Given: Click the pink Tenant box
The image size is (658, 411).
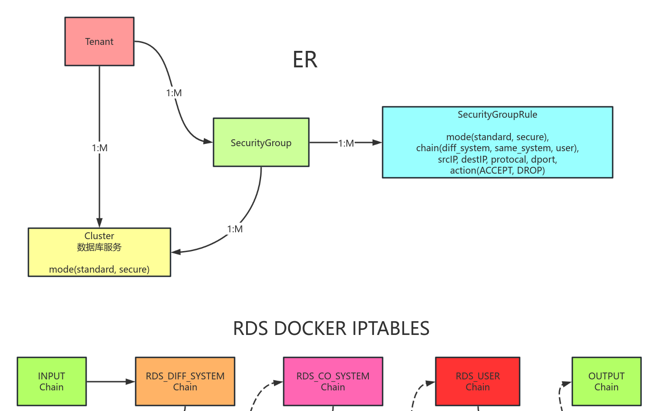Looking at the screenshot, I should (x=99, y=42).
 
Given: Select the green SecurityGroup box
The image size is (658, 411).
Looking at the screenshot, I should (x=261, y=142).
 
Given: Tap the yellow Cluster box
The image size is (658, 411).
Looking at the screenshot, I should (x=99, y=252).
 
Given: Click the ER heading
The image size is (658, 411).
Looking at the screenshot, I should (x=305, y=60).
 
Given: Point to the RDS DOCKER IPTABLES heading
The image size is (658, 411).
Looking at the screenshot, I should (x=331, y=329).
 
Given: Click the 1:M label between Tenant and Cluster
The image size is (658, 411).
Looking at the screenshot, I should (x=99, y=148).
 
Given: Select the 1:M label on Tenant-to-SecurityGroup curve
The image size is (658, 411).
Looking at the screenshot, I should (x=174, y=93).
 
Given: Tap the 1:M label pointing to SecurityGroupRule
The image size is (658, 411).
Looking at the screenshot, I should (x=346, y=143).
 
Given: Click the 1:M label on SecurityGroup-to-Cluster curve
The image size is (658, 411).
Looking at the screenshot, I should (x=235, y=229).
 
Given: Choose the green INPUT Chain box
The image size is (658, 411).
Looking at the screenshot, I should (x=51, y=381).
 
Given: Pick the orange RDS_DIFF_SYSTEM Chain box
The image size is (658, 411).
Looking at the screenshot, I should (x=185, y=381).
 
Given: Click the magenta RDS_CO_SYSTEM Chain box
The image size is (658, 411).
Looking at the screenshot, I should (x=333, y=381).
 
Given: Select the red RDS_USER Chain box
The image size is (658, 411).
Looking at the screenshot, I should (x=477, y=381).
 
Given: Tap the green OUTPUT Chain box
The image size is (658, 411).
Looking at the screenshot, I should (x=606, y=381).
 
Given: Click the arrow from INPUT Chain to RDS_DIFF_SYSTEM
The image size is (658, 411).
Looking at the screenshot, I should (x=110, y=381).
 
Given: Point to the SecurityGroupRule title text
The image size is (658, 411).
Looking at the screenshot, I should (x=497, y=115).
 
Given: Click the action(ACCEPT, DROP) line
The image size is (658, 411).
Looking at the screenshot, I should (x=497, y=170).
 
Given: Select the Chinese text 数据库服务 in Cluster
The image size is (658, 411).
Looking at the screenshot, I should (x=99, y=247).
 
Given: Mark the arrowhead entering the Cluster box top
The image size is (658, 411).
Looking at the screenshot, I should (x=99, y=223).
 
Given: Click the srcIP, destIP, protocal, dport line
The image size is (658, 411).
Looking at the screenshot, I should (x=497, y=159).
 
